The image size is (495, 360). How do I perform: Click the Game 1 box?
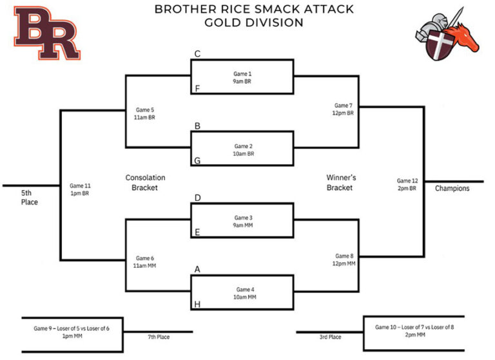[242, 77]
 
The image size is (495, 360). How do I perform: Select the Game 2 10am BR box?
[242, 149]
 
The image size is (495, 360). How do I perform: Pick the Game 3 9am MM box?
[242, 221]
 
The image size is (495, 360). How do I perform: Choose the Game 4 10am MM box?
[242, 293]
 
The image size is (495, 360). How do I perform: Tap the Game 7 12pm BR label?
[344, 109]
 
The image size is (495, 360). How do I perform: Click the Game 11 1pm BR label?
[80, 188]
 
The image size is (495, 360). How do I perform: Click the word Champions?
[452, 189]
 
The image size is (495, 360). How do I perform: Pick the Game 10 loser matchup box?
[414, 331]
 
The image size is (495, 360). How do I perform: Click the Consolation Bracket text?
[145, 182]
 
